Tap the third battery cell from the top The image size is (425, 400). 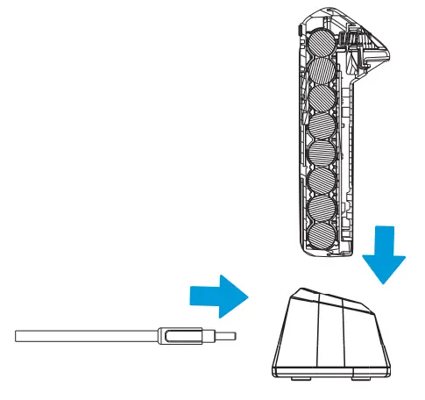click(322, 99)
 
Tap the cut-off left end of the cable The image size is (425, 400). click(18, 336)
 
